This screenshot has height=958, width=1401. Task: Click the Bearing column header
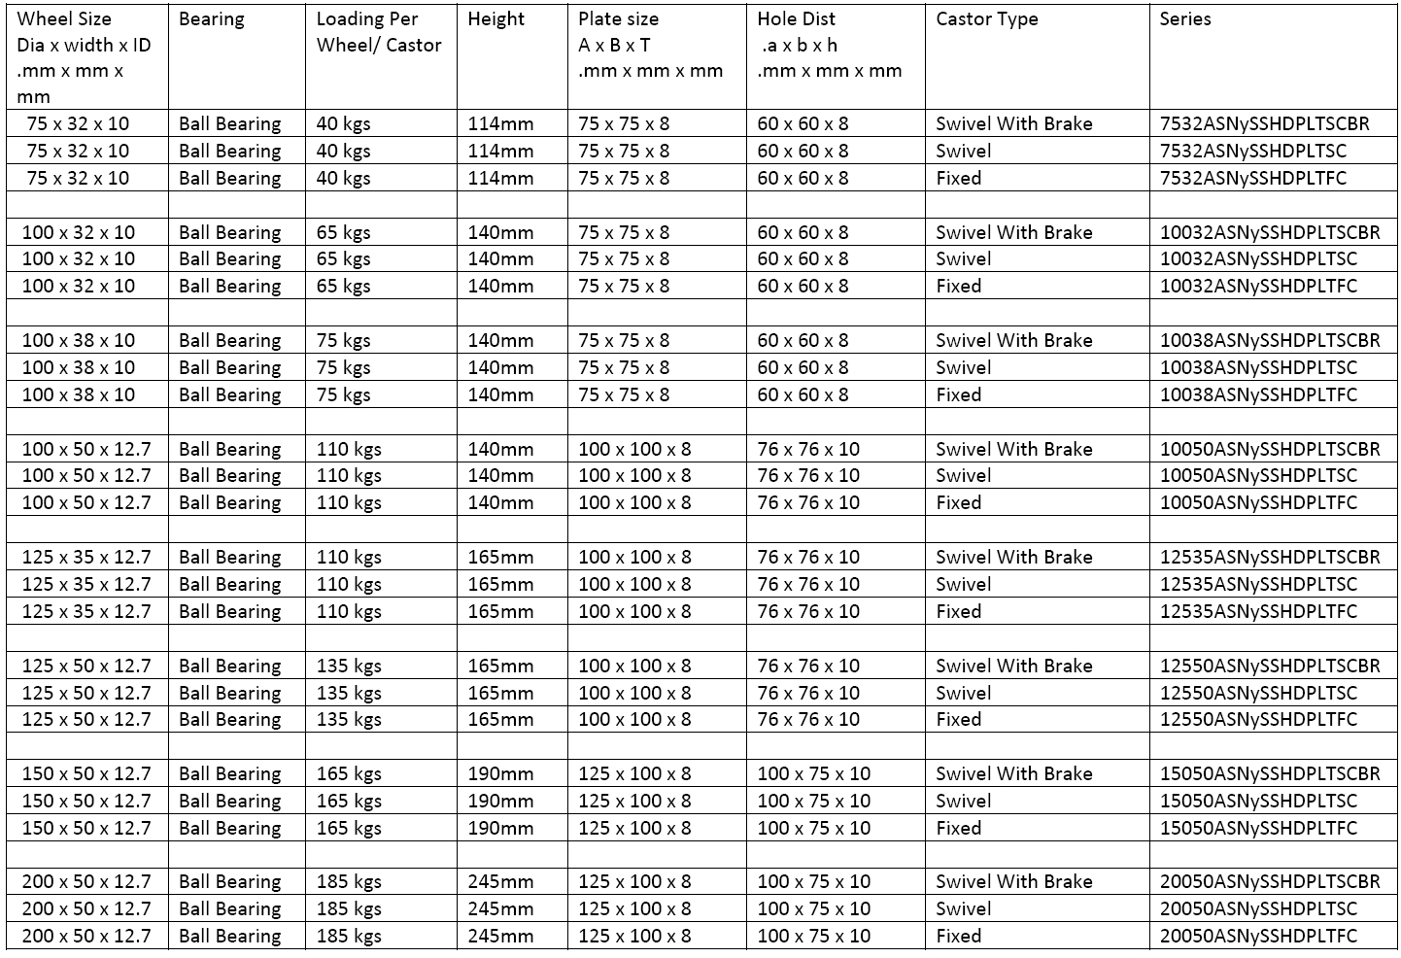point(212,19)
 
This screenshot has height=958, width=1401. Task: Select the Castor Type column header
point(986,19)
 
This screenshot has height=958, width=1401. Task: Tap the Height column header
point(495,19)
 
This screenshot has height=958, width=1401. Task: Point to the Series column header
point(1184,19)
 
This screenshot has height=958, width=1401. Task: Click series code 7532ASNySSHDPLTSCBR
point(1264,124)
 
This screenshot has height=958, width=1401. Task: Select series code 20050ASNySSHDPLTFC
point(1258,937)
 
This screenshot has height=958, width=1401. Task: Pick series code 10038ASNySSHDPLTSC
point(1258,368)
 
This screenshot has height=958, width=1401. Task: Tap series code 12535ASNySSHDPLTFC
point(1258,612)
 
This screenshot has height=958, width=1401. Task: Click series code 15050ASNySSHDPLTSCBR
point(1269,774)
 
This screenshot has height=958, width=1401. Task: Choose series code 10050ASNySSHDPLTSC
point(1258,476)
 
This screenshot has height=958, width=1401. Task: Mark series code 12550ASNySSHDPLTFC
point(1258,720)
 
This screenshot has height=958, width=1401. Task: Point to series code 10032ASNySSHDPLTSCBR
point(1269,233)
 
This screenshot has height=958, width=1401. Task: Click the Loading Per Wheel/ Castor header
point(379,32)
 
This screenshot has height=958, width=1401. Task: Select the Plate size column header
point(618,19)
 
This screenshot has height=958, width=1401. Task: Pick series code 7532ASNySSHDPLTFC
point(1253,179)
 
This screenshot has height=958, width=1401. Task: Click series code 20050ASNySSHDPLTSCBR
point(1269,882)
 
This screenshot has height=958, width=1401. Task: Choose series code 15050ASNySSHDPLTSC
point(1258,802)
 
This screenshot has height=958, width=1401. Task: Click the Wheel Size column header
point(64,19)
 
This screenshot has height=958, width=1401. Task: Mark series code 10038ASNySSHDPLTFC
point(1258,395)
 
